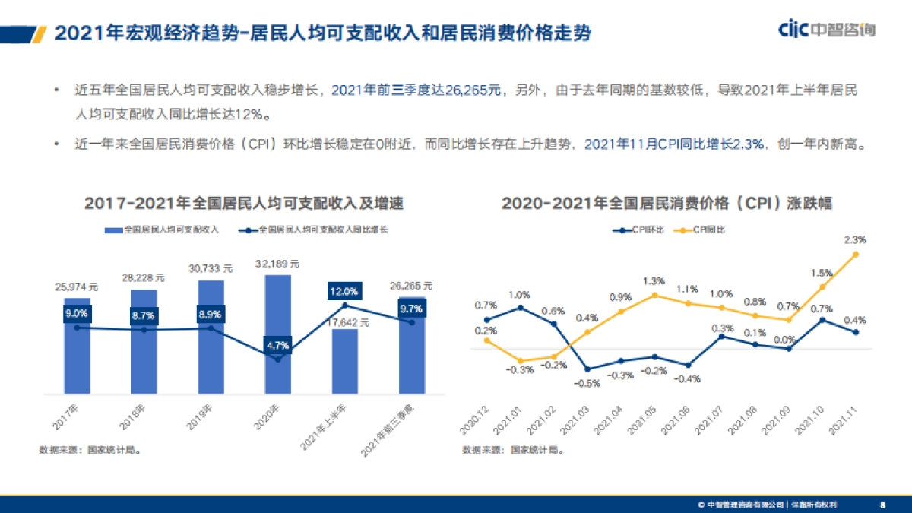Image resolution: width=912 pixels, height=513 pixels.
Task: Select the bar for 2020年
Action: pos(277,334)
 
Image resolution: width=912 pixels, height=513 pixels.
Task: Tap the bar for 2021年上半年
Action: pos(344,362)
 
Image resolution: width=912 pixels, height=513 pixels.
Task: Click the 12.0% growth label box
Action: pos(344,291)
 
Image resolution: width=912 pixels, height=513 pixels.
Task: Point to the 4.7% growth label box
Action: pos(277,344)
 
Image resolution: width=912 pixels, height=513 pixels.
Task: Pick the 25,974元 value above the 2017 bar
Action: pos(77,287)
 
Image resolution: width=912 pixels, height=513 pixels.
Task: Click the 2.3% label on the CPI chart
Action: pos(855,239)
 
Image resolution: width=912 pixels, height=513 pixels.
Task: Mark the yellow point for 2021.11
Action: pos(856,255)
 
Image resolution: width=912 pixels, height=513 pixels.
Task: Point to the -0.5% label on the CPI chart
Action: pos(587,384)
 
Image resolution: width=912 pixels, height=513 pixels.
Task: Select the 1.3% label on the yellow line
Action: pos(654,280)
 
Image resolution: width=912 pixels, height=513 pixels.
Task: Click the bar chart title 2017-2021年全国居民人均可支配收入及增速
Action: pos(243,204)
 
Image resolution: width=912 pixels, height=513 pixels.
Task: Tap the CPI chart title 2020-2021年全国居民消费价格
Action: pos(667,204)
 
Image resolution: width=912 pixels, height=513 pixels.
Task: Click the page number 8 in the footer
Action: pos(882,504)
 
